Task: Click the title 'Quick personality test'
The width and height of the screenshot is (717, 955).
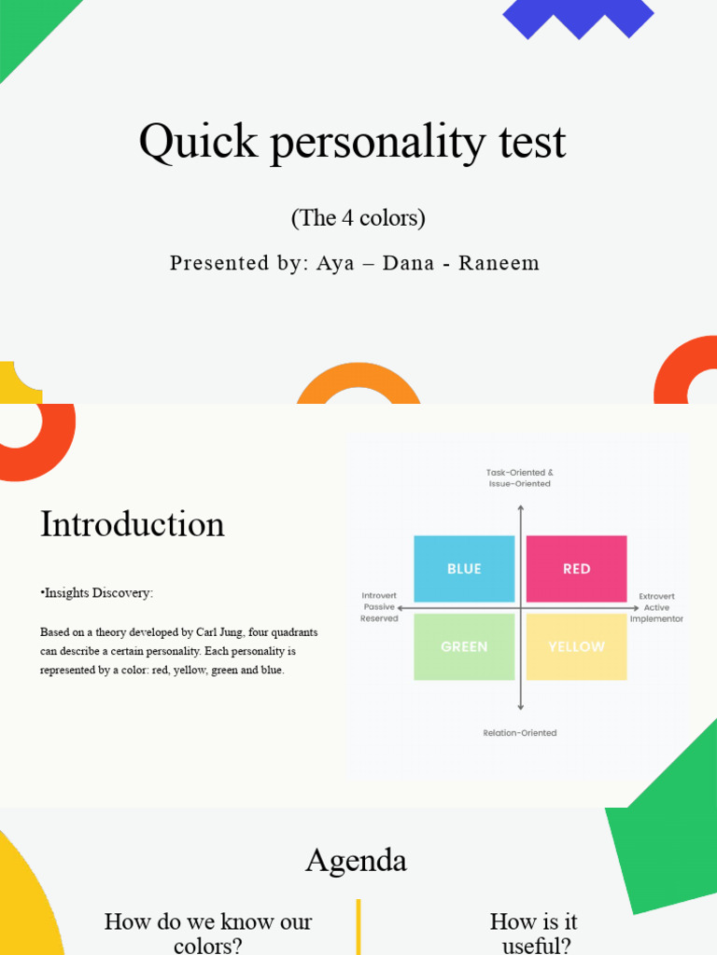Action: (x=352, y=143)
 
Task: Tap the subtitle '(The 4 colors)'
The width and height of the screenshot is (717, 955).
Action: (x=358, y=218)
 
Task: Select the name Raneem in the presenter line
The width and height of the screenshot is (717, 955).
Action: (x=499, y=263)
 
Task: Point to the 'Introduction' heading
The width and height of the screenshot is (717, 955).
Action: (x=133, y=524)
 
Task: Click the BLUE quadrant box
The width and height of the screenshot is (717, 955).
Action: (x=464, y=569)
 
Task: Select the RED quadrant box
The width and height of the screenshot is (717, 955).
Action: (x=576, y=569)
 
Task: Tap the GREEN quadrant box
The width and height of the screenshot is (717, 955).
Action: (x=464, y=646)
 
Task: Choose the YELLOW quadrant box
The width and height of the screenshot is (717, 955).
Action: (x=576, y=646)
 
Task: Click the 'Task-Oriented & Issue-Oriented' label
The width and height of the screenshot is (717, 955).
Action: (x=520, y=478)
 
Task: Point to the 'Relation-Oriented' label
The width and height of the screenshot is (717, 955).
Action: (x=520, y=733)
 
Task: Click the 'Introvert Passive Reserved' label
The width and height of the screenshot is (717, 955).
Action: (x=378, y=607)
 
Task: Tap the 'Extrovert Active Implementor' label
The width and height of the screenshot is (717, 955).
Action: (x=656, y=607)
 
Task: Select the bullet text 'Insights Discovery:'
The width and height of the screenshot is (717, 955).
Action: (x=97, y=593)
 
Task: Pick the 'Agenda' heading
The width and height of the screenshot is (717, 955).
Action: (x=356, y=860)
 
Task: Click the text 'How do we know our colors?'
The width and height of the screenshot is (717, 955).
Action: (x=208, y=933)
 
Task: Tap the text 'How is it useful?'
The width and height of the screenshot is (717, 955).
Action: (x=534, y=933)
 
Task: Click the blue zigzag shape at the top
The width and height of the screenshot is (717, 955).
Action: (x=578, y=16)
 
